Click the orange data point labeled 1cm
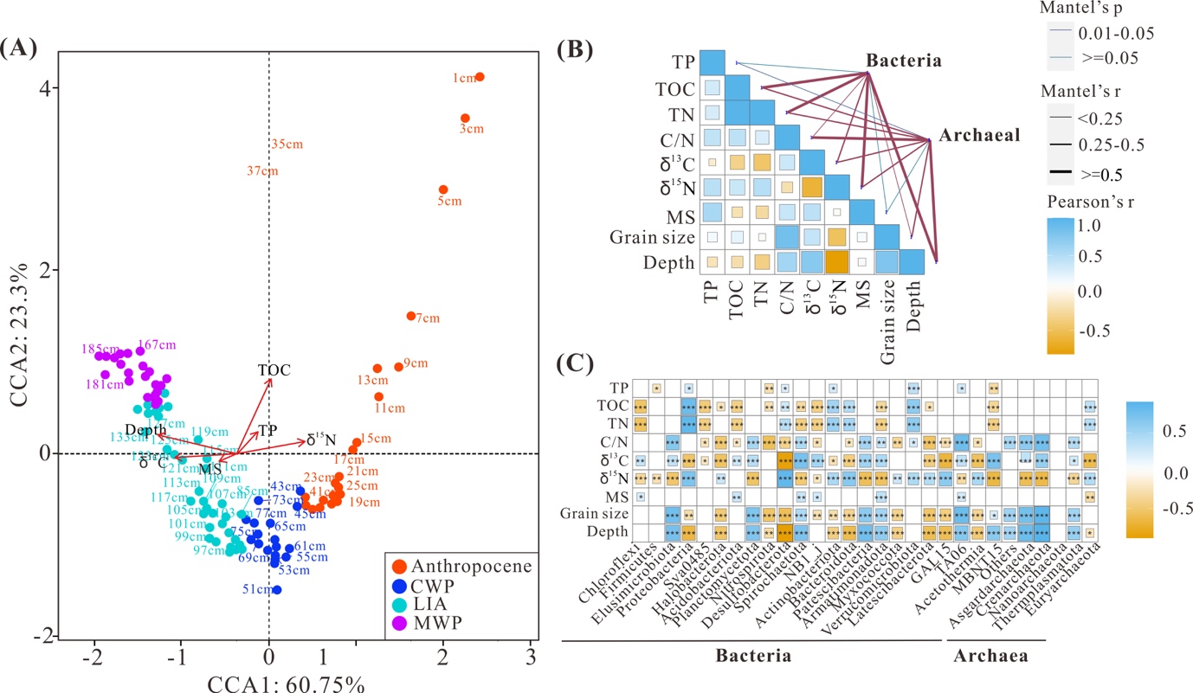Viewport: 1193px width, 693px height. pyautogui.click(x=480, y=77)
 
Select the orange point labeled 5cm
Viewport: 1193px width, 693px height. pyautogui.click(x=443, y=189)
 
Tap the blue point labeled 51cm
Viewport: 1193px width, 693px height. pyautogui.click(x=276, y=590)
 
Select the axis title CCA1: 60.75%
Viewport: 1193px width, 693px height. pyautogui.click(x=285, y=682)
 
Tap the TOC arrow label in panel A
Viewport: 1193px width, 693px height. pyautogui.click(x=274, y=369)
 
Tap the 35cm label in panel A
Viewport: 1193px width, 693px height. pyautogui.click(x=287, y=144)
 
